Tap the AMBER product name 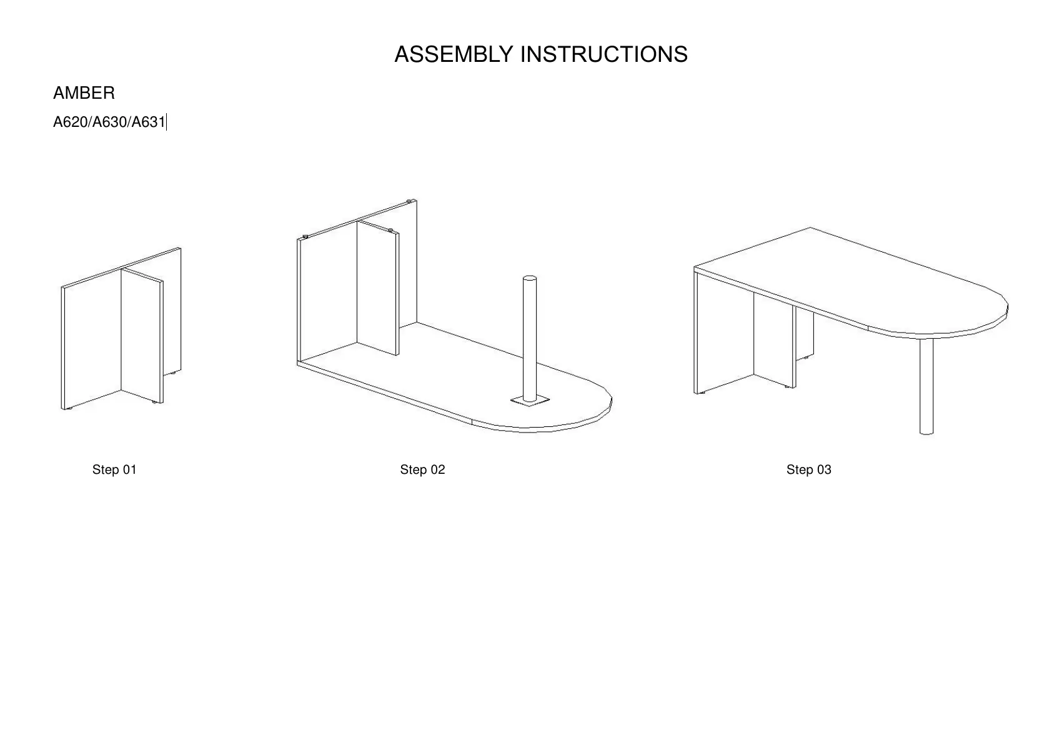coord(84,93)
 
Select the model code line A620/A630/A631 coord(109,123)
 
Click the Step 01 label coord(114,470)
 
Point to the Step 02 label coord(422,470)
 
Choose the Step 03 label coord(808,470)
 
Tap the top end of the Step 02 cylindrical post coord(530,278)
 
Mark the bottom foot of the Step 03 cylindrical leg coord(926,431)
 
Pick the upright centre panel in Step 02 coord(377,288)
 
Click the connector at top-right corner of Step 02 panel coord(409,201)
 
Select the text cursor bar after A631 coord(167,123)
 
